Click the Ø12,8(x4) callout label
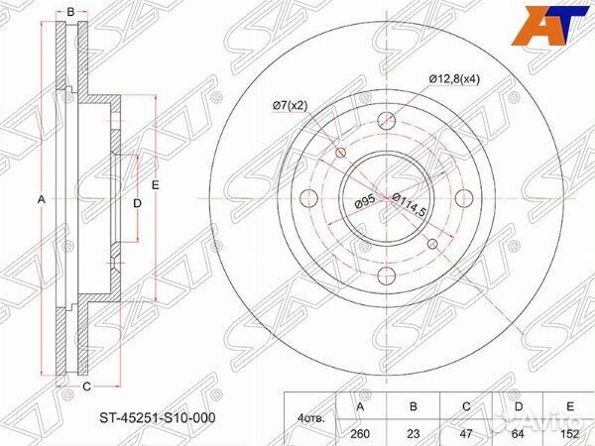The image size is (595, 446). (x=454, y=79)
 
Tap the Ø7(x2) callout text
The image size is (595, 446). (x=290, y=106)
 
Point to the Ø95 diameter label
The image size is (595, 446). (x=365, y=202)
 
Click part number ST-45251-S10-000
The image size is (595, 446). (x=158, y=418)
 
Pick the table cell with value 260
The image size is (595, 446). (x=360, y=433)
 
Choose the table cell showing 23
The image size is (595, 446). (x=414, y=433)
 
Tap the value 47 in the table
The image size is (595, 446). (x=466, y=433)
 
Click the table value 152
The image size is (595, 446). (x=569, y=433)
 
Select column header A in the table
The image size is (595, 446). (x=360, y=406)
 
